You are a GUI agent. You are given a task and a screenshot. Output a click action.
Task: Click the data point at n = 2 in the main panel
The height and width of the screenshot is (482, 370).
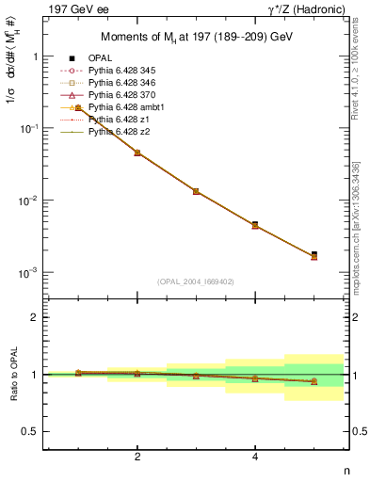[137, 153]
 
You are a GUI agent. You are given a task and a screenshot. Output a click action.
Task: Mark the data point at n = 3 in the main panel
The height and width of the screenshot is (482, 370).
[196, 191]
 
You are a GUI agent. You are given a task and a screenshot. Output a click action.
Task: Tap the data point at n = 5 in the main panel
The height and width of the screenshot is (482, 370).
[314, 255]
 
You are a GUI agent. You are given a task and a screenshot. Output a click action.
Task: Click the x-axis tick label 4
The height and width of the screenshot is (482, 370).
[255, 458]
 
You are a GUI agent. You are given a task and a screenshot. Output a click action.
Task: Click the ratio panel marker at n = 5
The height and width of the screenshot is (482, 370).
[314, 381]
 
